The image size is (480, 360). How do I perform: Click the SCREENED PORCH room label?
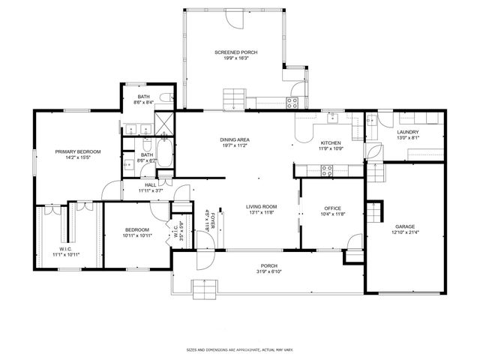tap(235, 52)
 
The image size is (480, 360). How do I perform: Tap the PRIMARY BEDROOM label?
tap(78, 151)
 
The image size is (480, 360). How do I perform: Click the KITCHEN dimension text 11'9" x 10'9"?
tap(331, 148)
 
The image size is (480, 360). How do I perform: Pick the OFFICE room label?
tap(332, 208)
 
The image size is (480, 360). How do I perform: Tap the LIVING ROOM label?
tap(262, 206)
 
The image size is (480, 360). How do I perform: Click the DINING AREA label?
tap(235, 139)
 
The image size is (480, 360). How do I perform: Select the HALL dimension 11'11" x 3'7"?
tap(150, 190)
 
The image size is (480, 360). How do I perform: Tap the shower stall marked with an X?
tap(163, 123)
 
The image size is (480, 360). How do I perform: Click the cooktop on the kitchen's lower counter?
tap(328, 170)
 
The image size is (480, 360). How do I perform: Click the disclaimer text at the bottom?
tap(239, 349)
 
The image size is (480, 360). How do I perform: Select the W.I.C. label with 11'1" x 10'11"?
tap(66, 251)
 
